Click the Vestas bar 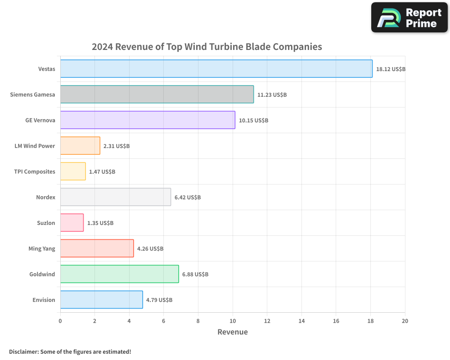(x=216, y=69)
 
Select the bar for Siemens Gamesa (x=157, y=94)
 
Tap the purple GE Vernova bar (x=148, y=120)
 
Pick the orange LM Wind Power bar (x=80, y=146)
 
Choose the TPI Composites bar (x=73, y=171)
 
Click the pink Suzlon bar (x=72, y=223)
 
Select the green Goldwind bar (x=119, y=274)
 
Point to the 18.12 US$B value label (x=391, y=69)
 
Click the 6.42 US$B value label (x=188, y=198)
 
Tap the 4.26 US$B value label (x=150, y=249)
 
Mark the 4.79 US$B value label (x=159, y=300)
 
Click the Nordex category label (x=45, y=197)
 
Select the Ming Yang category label (x=42, y=248)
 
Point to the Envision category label (x=44, y=300)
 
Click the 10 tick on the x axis (x=233, y=321)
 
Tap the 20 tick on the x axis (x=405, y=321)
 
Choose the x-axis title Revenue (x=233, y=332)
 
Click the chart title (x=207, y=47)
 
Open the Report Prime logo (x=409, y=17)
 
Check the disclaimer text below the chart (x=70, y=351)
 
